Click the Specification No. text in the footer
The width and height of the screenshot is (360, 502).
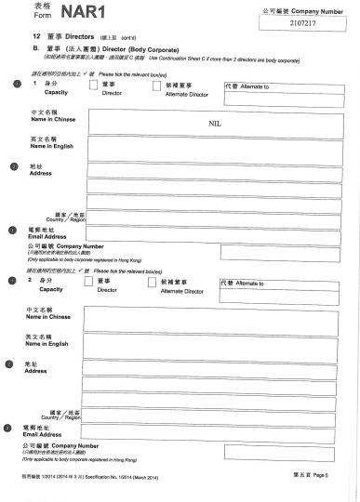(x=103, y=476)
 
